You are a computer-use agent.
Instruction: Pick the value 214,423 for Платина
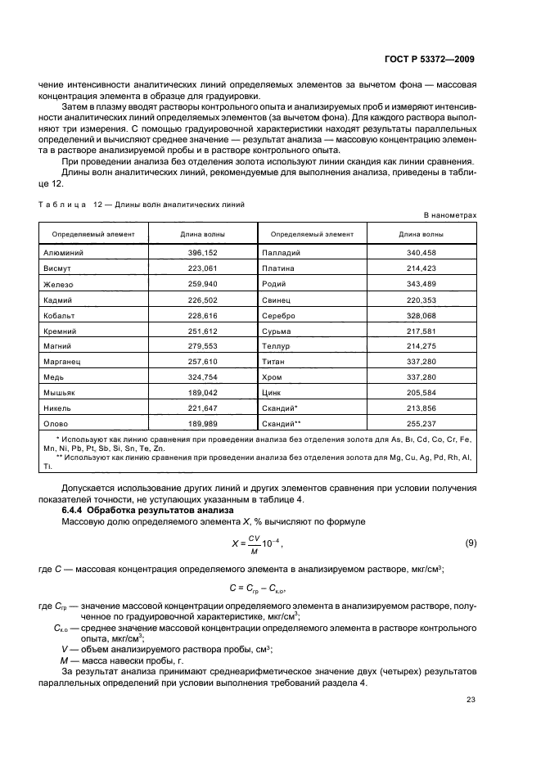422,268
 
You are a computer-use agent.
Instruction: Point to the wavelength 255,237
422,423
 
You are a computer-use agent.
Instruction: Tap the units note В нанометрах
449,215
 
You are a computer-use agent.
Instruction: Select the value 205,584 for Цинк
422,392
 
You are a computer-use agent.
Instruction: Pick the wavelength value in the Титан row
422,361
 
